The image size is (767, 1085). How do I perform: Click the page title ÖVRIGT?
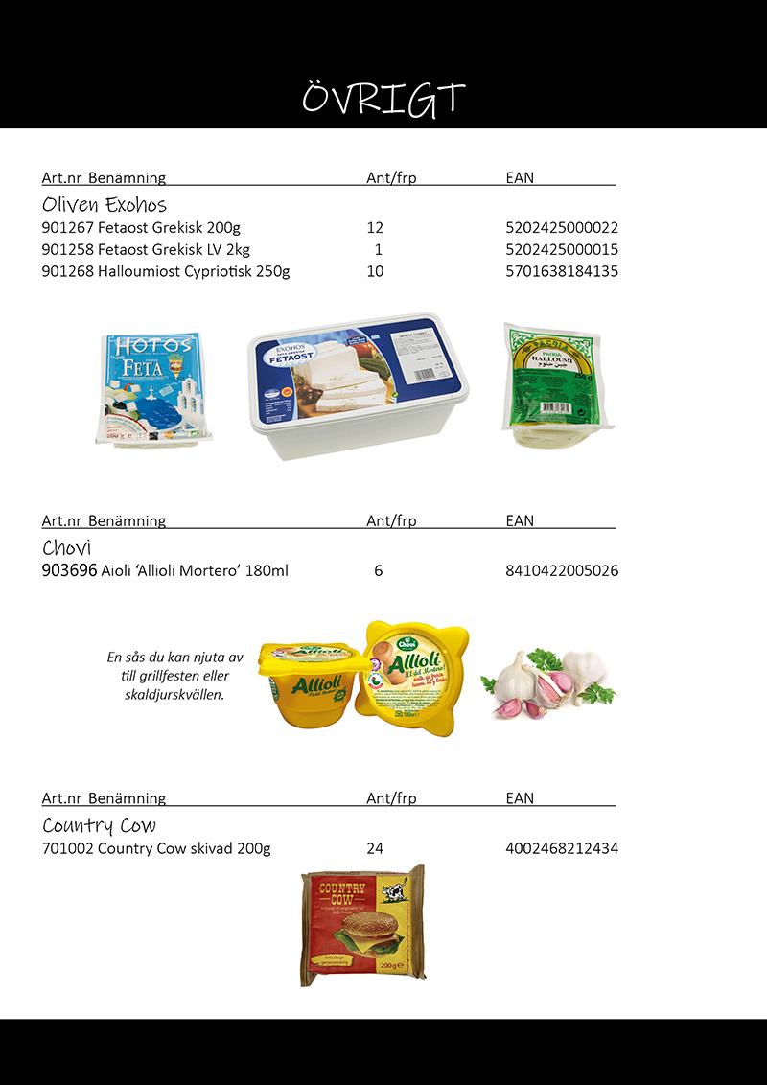click(x=383, y=98)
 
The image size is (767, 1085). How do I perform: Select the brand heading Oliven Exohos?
click(x=105, y=205)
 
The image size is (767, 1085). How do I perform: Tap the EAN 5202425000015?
click(x=562, y=250)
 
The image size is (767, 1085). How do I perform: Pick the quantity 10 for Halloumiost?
click(x=375, y=271)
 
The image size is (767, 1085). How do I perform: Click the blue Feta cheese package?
click(x=153, y=388)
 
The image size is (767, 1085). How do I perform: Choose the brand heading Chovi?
click(x=66, y=548)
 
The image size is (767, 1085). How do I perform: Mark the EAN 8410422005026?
click(x=562, y=571)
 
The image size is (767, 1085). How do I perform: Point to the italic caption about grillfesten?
click(x=175, y=676)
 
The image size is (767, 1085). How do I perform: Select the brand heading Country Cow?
click(x=99, y=825)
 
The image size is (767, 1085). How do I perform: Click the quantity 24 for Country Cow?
click(x=375, y=848)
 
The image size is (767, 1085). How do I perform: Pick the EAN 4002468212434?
click(x=562, y=848)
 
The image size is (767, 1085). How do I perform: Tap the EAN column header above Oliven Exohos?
click(x=520, y=177)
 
